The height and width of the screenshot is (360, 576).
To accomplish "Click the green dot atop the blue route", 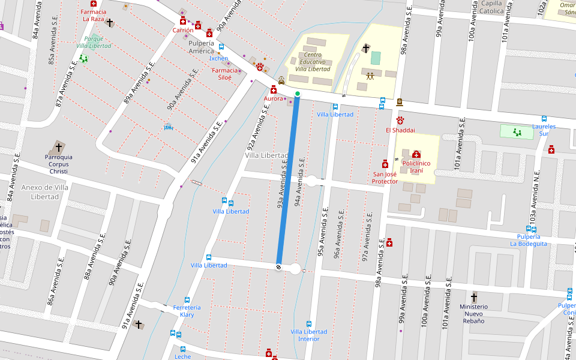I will (x=298, y=94).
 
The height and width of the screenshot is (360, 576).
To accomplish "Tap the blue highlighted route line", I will (x=288, y=180).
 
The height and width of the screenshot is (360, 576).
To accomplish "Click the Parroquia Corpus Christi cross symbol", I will (x=59, y=146).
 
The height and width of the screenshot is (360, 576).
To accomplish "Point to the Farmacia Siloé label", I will (x=225, y=74).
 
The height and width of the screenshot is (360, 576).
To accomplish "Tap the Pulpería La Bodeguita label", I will (x=529, y=240).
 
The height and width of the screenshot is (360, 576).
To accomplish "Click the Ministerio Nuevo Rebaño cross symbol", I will (x=474, y=297).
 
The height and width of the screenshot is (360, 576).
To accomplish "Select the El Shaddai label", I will (x=400, y=130).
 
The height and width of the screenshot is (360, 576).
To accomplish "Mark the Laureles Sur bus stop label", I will (x=544, y=130).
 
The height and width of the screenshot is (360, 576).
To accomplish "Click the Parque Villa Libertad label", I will (x=94, y=42).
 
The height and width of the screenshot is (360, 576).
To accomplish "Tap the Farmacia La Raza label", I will (x=94, y=15).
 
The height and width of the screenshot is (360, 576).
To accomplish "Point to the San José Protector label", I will (x=385, y=178).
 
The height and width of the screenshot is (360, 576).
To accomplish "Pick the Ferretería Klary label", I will (x=187, y=311).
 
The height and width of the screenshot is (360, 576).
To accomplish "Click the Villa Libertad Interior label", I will (x=309, y=335).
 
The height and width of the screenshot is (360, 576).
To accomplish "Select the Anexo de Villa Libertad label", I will (x=44, y=192).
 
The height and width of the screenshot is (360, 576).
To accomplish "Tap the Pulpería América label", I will (x=201, y=47).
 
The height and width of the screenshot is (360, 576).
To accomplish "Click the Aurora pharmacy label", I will (x=273, y=98).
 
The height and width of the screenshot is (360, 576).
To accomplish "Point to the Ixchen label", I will (x=218, y=58).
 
